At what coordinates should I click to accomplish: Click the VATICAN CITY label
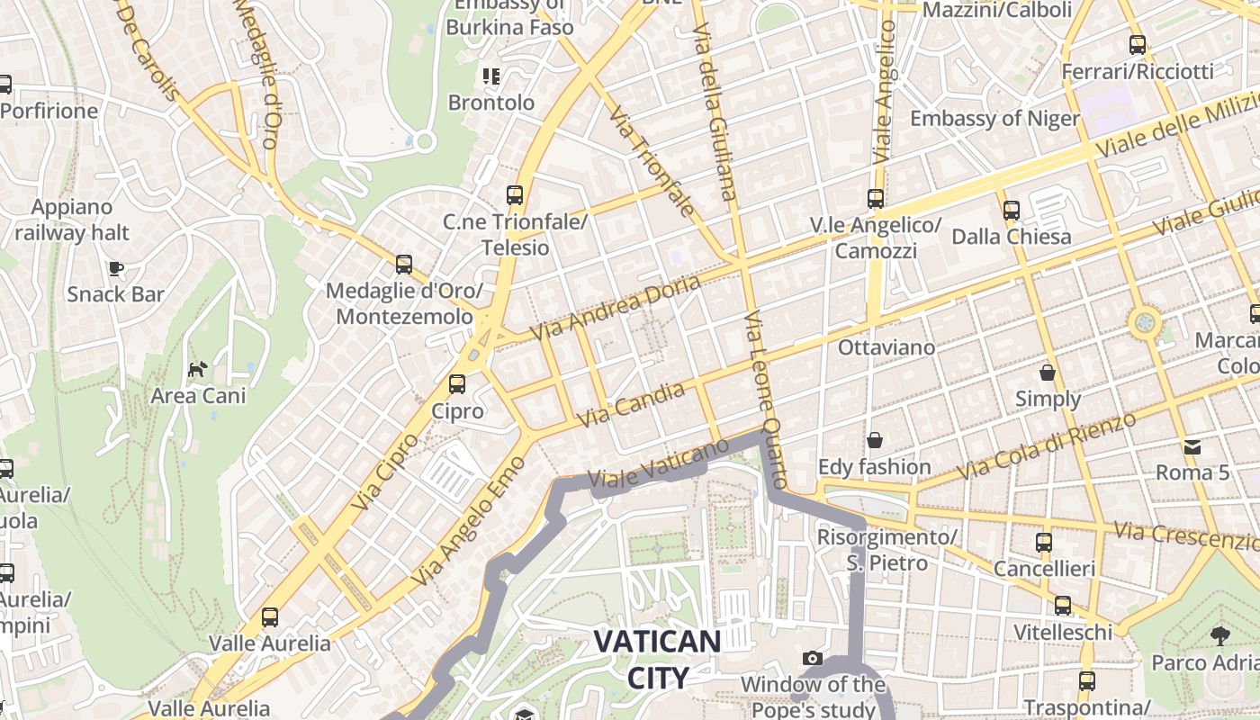[657, 660]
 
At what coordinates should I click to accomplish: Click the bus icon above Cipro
[457, 384]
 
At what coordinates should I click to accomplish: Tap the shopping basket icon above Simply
[1048, 373]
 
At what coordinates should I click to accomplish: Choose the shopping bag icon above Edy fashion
[874, 440]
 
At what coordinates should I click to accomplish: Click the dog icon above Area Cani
[198, 369]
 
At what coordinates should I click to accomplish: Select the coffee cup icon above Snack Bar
[115, 268]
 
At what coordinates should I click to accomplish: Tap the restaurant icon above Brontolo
[490, 76]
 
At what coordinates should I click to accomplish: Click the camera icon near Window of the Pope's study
[812, 658]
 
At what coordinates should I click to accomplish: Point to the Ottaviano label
[886, 347]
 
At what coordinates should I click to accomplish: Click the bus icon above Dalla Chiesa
[1012, 211]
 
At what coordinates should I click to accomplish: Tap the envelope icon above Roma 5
[1192, 446]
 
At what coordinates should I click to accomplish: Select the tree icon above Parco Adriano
[1219, 636]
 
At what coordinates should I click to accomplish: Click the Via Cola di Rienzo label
[1046, 447]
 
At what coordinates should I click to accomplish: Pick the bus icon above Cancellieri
[1044, 543]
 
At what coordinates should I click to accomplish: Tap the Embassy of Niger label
[994, 119]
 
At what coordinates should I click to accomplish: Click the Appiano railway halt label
[72, 220]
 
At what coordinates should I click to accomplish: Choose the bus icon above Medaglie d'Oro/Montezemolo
[404, 265]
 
